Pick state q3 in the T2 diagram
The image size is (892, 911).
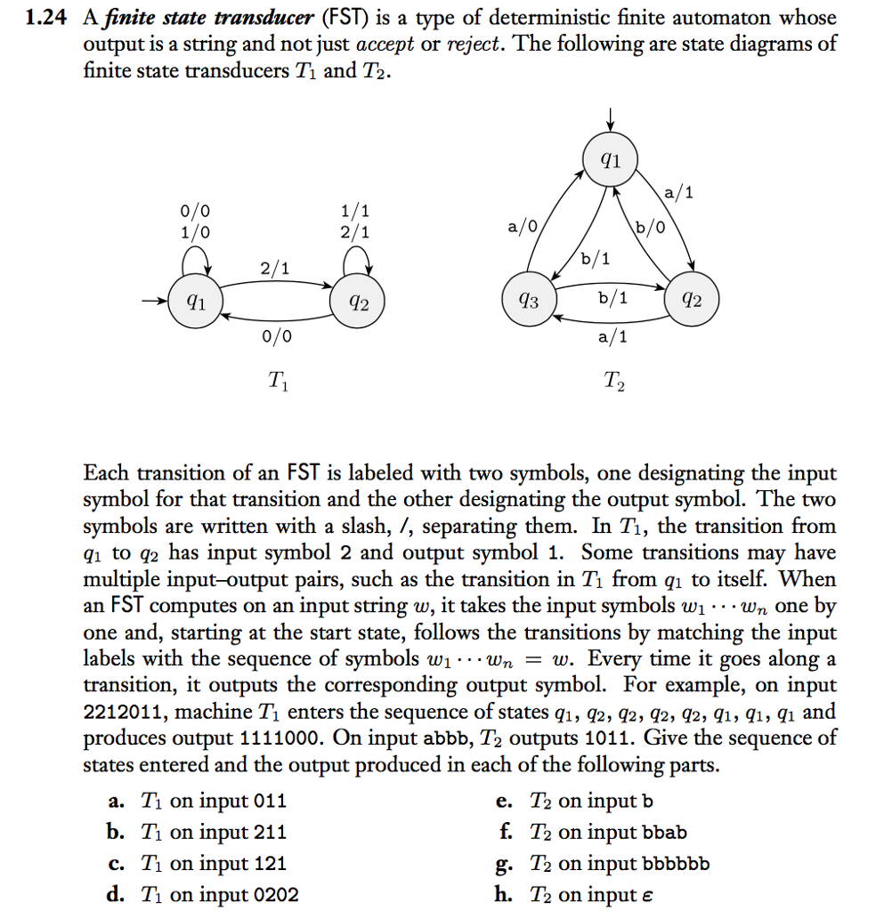click(x=530, y=302)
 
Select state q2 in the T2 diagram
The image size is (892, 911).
click(x=692, y=302)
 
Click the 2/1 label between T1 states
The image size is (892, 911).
click(x=275, y=268)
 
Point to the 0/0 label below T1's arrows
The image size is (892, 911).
click(x=275, y=336)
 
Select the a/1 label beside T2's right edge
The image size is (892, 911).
click(x=679, y=190)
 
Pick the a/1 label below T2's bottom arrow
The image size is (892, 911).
click(x=612, y=336)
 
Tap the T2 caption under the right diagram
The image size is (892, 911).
click(x=613, y=383)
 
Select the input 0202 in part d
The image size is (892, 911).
click(x=276, y=894)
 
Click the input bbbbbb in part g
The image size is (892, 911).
click(x=675, y=863)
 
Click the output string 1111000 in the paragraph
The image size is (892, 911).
click(x=282, y=739)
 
